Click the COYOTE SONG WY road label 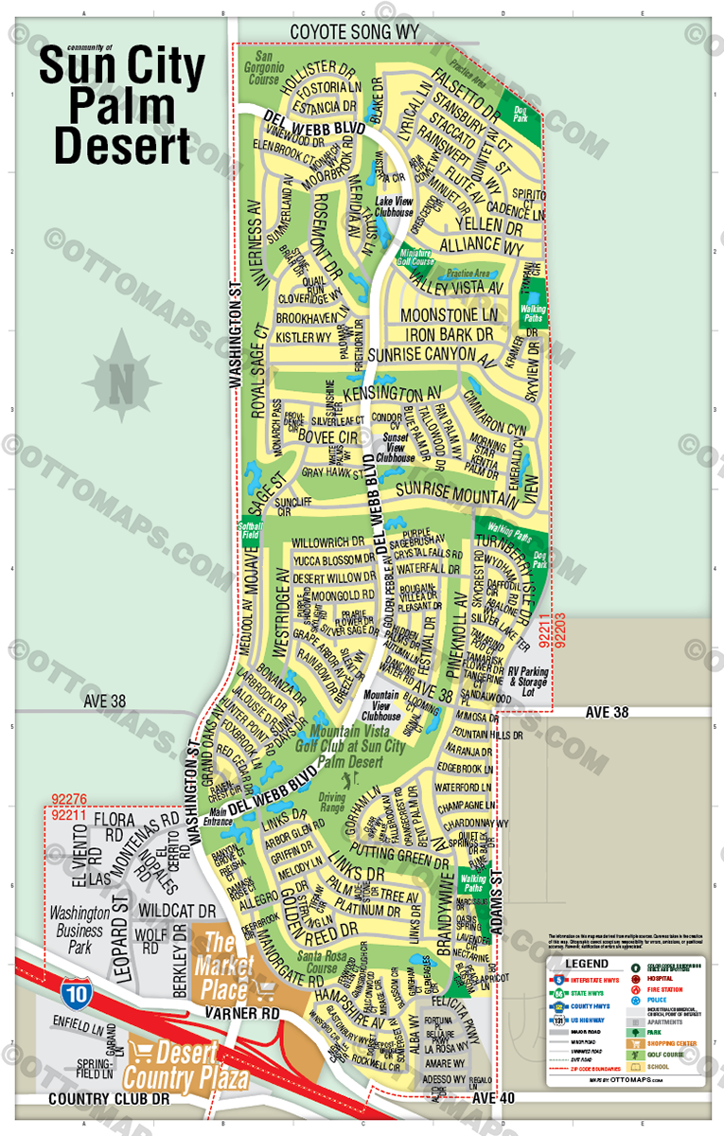click(354, 31)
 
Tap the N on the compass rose click(121, 382)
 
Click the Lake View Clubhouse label click(396, 206)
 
